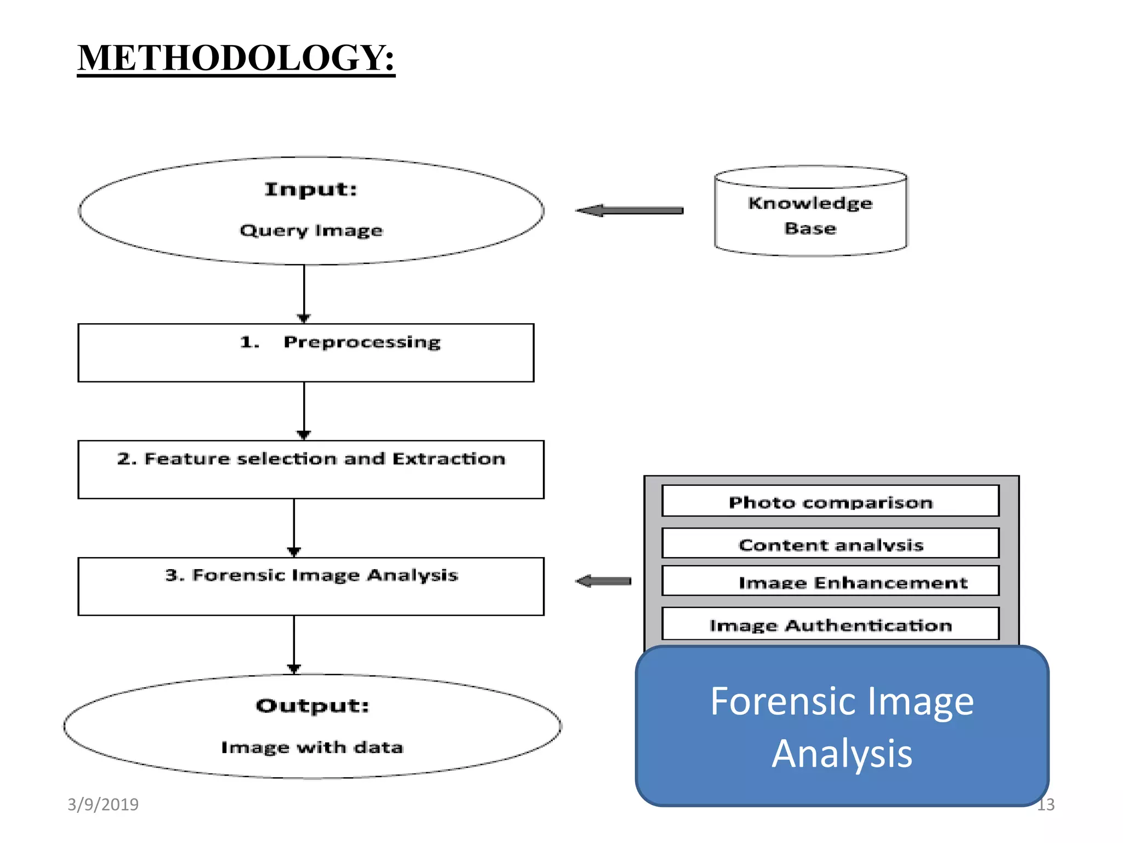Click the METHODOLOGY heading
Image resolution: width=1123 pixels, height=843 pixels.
(x=236, y=58)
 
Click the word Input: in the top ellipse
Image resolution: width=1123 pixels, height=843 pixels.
(x=310, y=189)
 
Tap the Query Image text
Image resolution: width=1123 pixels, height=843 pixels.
(x=311, y=230)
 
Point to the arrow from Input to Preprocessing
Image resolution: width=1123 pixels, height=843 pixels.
(x=304, y=294)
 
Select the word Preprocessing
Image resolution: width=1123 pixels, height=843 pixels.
(x=362, y=342)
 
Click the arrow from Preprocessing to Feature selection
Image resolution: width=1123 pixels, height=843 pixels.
(x=304, y=411)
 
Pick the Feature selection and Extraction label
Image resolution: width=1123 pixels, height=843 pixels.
(x=311, y=458)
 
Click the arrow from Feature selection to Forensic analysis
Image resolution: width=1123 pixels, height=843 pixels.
(x=294, y=527)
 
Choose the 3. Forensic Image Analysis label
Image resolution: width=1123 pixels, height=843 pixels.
(x=311, y=575)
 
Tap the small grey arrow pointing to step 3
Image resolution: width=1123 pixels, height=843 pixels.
(x=604, y=581)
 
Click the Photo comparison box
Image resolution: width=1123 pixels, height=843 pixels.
(x=830, y=502)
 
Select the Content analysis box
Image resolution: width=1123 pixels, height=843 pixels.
(x=830, y=544)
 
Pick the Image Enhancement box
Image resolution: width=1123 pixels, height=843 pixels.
(x=830, y=581)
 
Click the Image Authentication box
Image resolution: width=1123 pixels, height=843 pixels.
(x=830, y=625)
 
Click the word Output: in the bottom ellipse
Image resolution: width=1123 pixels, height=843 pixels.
(x=312, y=705)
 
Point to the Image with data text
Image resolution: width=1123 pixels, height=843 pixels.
(x=312, y=747)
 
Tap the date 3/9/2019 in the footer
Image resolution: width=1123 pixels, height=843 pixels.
(x=103, y=804)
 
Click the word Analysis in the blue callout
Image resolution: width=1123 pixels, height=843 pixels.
(x=842, y=754)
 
